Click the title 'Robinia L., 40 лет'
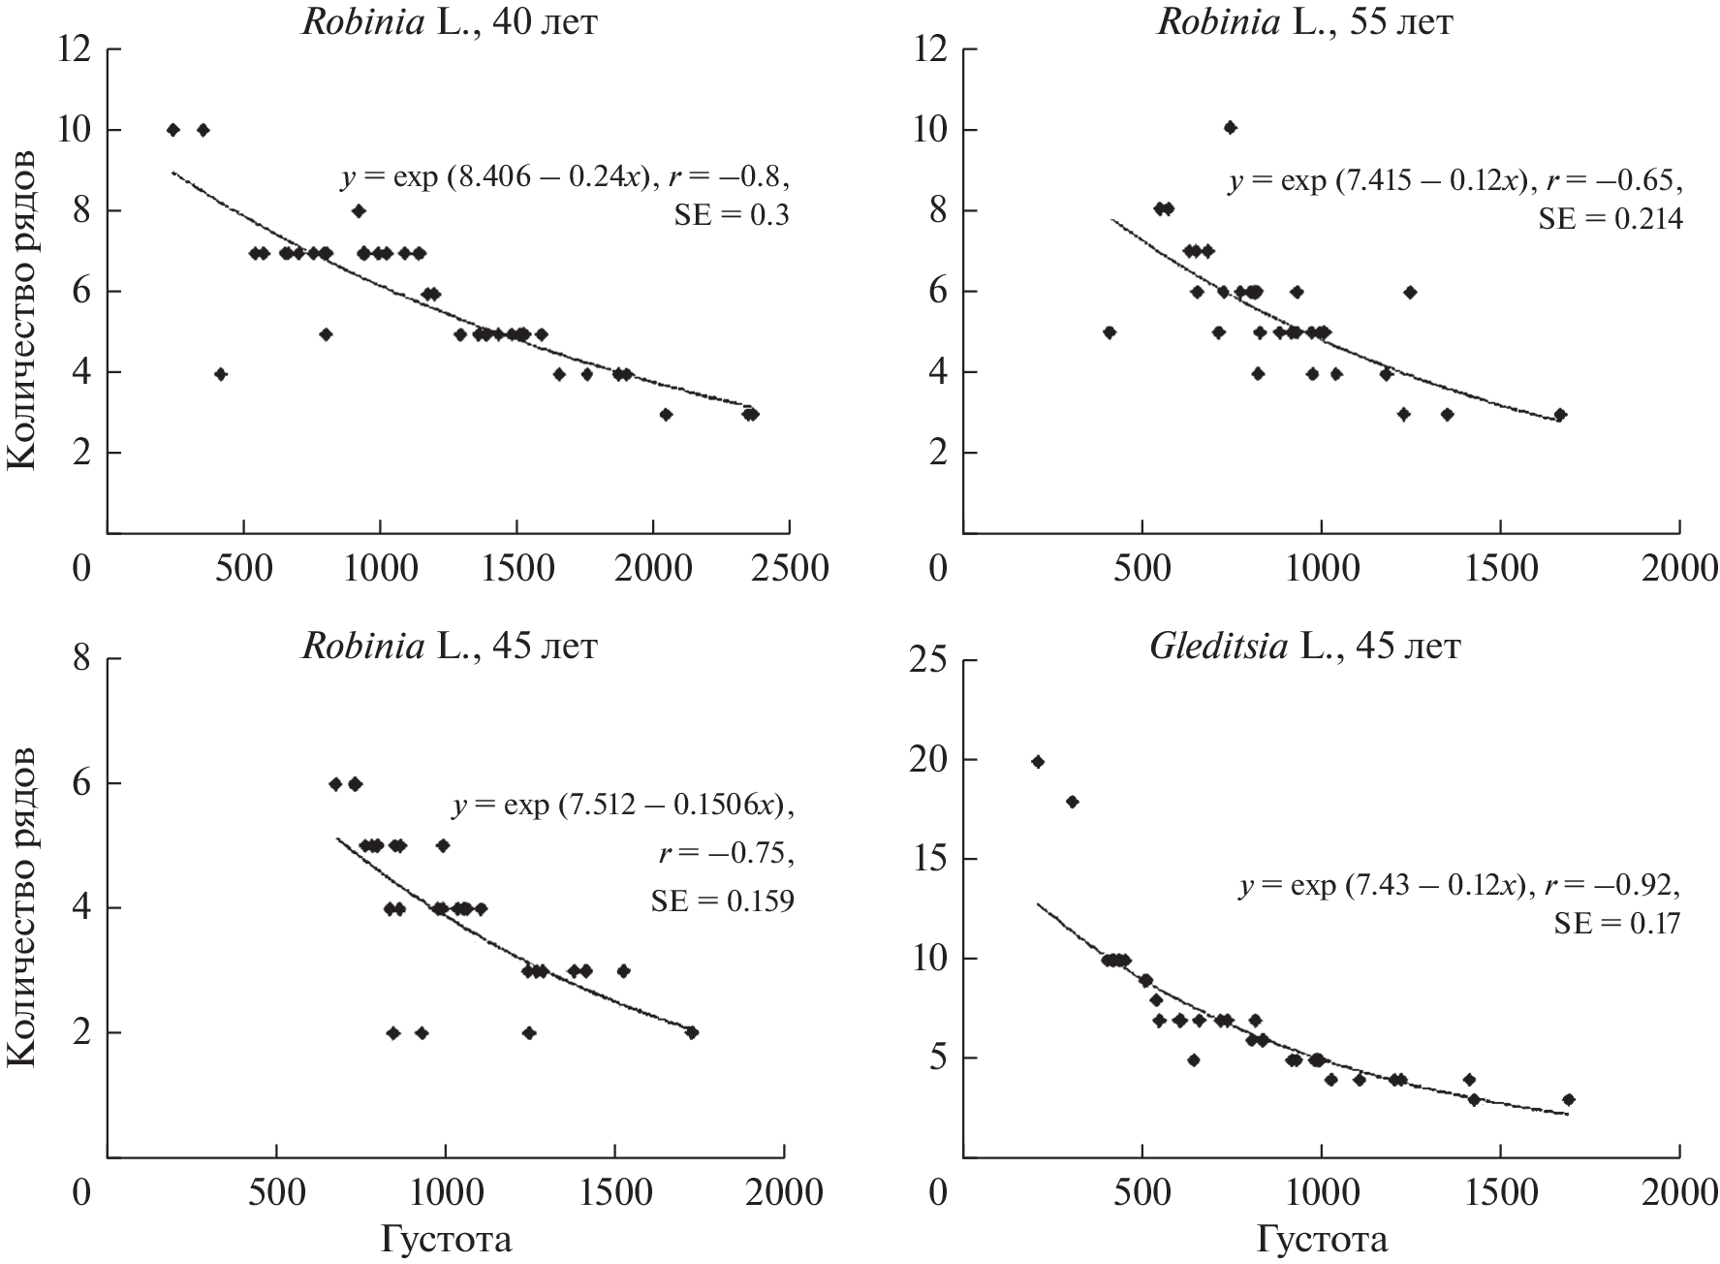coord(449,21)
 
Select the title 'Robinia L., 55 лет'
coord(1304,21)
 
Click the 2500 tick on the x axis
coord(791,567)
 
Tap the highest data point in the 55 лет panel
coord(1230,127)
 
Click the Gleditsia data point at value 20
coord(1038,762)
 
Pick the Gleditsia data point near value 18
coord(1072,802)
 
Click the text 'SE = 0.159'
coord(721,901)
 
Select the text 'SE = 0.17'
coord(1616,925)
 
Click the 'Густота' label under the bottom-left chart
coord(446,1239)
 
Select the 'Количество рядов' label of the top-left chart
coord(21,310)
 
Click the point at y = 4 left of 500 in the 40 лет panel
coord(221,374)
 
